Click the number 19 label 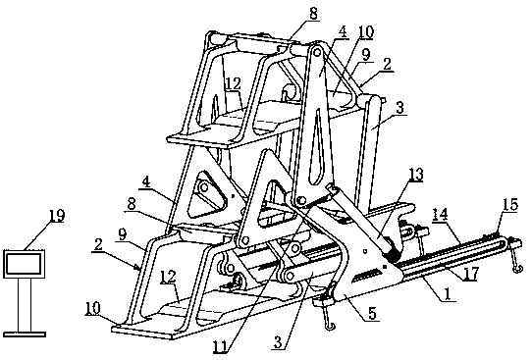[x=57, y=216]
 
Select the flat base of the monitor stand [x=25, y=334]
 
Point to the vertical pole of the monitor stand [x=25, y=305]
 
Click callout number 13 [x=416, y=175]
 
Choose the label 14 [x=440, y=215]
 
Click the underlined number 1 [x=448, y=294]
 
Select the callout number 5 [x=372, y=314]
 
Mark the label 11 [x=220, y=347]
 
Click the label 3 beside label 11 [x=278, y=342]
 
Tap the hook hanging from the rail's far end [x=515, y=259]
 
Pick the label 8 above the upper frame [x=313, y=14]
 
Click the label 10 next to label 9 [x=366, y=32]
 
